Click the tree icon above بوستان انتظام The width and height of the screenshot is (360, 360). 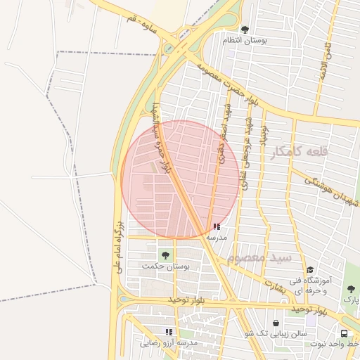pos(244,30)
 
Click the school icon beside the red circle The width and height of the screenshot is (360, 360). pos(216,227)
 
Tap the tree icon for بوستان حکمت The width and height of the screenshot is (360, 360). pos(166,255)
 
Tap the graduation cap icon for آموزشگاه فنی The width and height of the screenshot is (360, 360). pos(310,270)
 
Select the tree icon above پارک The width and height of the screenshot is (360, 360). pos(351,288)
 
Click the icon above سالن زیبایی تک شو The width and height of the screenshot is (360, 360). pos(275,323)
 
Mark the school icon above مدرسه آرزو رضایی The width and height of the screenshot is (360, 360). pos(169,331)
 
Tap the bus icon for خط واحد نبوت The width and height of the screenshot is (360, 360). pos(344,334)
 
